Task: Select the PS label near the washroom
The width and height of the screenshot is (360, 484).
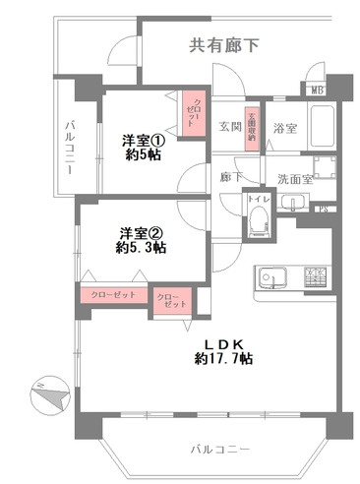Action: (323, 208)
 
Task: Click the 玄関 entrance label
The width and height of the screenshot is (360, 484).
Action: (229, 128)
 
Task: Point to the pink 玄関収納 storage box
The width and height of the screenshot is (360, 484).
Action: (252, 125)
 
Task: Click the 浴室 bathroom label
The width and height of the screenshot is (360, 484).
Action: (284, 128)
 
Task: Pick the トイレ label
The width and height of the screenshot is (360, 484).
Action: (257, 199)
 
